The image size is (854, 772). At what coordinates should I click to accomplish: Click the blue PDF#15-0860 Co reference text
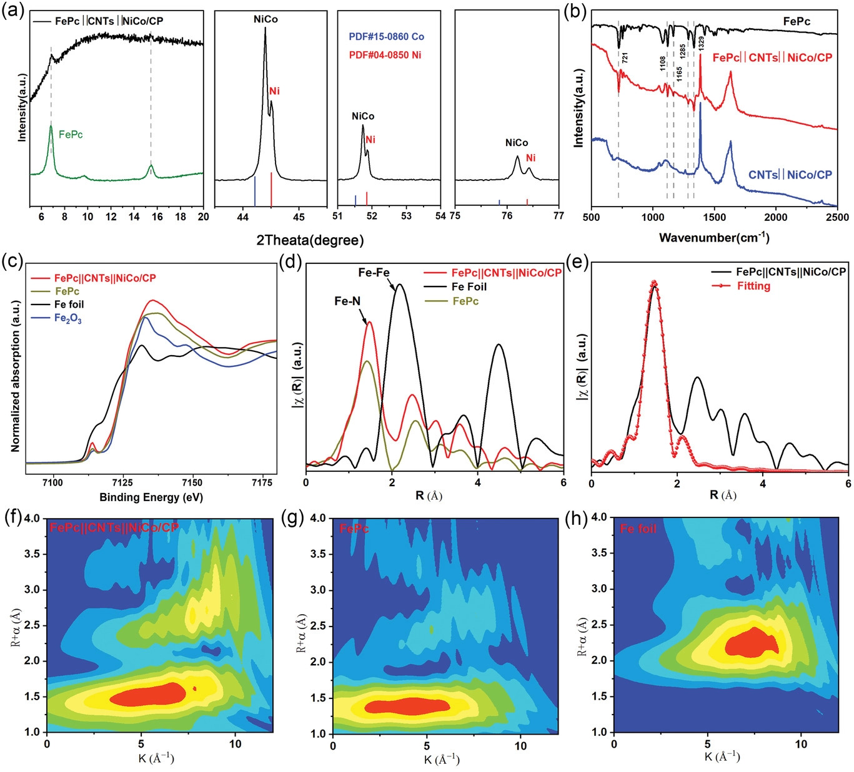click(x=386, y=37)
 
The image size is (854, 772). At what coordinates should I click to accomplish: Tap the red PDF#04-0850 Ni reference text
click(x=385, y=55)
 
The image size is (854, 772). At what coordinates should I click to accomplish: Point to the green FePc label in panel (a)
click(x=71, y=134)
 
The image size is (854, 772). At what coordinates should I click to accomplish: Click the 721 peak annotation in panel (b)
click(x=625, y=58)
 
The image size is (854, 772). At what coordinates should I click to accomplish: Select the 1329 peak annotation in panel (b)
click(x=702, y=44)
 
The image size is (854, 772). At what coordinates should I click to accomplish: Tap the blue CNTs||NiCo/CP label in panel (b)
click(x=790, y=175)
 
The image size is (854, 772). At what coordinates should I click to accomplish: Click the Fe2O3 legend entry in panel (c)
click(x=67, y=319)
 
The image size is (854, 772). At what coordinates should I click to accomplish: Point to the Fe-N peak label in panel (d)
click(x=347, y=301)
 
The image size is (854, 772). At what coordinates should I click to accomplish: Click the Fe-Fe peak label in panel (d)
click(x=374, y=273)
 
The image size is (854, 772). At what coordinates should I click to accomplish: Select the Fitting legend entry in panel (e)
click(x=753, y=286)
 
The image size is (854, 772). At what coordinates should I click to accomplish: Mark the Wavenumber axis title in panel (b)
click(x=713, y=237)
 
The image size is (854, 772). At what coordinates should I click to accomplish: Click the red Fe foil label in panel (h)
click(x=638, y=529)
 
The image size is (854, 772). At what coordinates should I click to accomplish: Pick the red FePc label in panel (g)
click(x=354, y=529)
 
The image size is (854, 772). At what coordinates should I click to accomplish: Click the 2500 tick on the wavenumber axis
click(x=837, y=217)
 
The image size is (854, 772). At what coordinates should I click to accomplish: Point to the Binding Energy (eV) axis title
click(x=151, y=497)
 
